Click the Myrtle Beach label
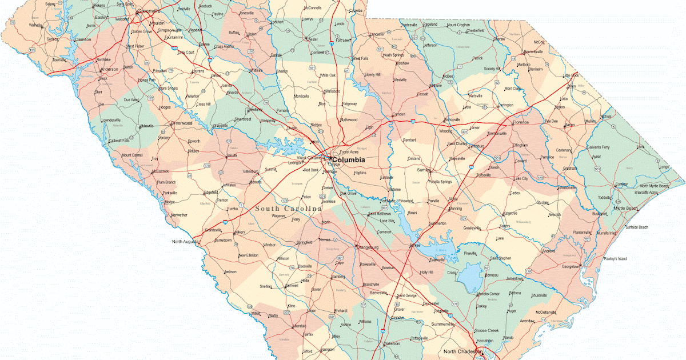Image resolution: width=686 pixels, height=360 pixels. (x=625, y=209)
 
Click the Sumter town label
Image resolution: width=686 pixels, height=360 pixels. (x=424, y=170)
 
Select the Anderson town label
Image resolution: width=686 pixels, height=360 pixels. (x=109, y=69)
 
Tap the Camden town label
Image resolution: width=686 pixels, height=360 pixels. (x=398, y=115)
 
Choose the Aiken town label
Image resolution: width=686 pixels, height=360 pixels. (x=240, y=232)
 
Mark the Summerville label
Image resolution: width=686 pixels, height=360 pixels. (x=446, y=325)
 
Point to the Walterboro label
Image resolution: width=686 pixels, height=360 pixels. (x=389, y=343)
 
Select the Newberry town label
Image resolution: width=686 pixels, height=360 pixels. (x=255, y=109)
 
